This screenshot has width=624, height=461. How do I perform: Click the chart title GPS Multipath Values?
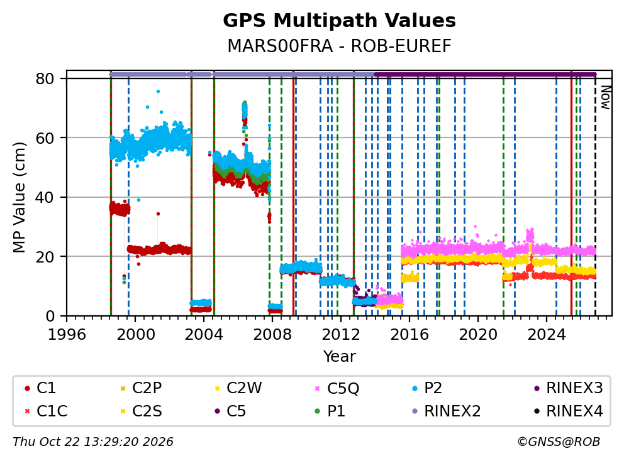click(339, 21)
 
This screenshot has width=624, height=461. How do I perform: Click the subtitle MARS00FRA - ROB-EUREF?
click(339, 46)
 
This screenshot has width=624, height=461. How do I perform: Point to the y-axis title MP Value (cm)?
click(19, 197)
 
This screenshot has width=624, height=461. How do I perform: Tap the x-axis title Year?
click(339, 357)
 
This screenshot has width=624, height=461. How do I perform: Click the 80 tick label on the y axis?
click(45, 79)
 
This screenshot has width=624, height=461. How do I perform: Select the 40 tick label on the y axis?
click(45, 197)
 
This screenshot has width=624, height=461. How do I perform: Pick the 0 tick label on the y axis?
click(50, 316)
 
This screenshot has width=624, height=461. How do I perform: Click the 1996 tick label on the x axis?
click(67, 335)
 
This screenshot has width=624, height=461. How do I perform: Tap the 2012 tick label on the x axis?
click(341, 335)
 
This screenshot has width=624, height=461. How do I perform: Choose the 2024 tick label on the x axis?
click(547, 335)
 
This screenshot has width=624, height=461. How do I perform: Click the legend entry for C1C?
click(46, 411)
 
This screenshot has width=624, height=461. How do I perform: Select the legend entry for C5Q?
click(337, 388)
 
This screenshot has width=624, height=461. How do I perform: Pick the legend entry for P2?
click(427, 388)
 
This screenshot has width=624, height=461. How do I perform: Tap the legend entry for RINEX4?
click(569, 411)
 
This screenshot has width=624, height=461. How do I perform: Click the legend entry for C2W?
click(238, 388)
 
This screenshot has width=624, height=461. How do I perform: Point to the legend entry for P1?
click(330, 411)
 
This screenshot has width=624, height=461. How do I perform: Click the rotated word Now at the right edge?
click(605, 97)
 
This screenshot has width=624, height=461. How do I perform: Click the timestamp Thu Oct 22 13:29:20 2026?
click(93, 442)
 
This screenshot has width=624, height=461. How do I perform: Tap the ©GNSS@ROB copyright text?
click(559, 442)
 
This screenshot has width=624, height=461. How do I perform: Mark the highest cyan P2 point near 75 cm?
click(158, 92)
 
